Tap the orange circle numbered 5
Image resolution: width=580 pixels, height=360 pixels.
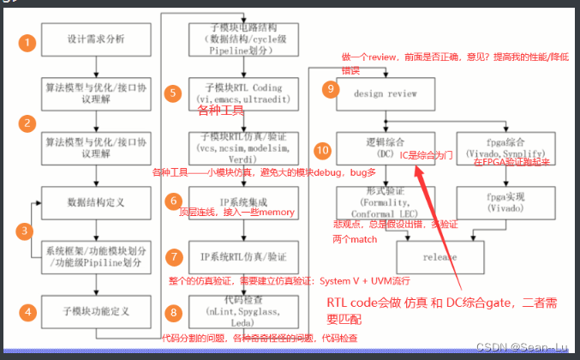click(x=173, y=92)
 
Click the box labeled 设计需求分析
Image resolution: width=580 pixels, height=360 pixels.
click(x=95, y=40)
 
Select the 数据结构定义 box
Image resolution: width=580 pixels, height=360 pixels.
click(x=95, y=203)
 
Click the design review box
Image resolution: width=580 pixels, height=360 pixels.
click(x=380, y=93)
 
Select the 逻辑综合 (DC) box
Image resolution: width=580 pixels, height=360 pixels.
click(x=380, y=147)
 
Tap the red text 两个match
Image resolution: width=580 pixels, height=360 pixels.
click(x=355, y=239)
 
